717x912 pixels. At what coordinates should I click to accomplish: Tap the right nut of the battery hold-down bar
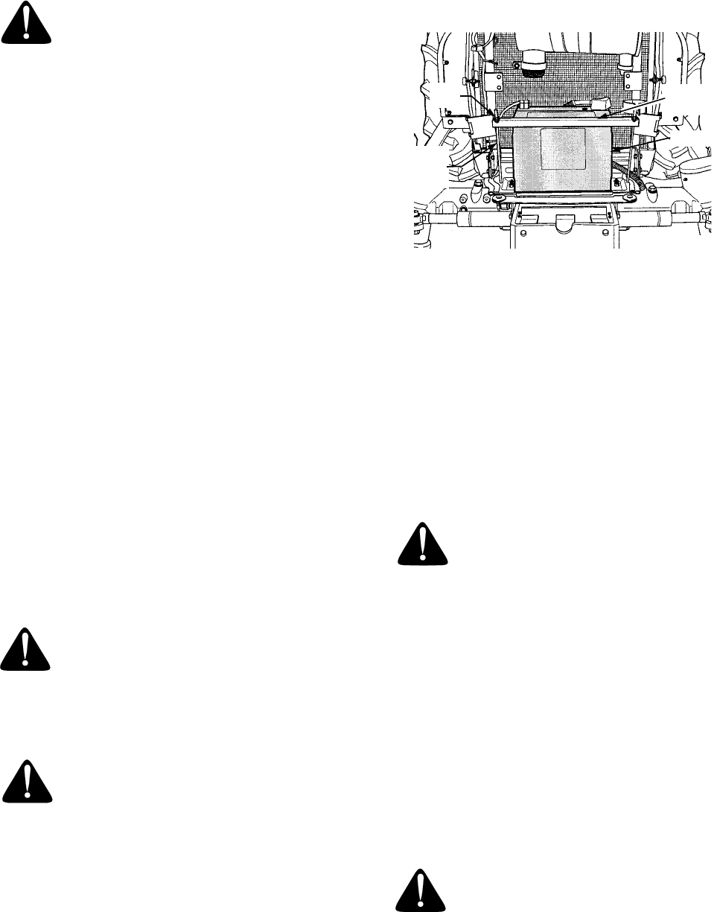pyautogui.click(x=637, y=116)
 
